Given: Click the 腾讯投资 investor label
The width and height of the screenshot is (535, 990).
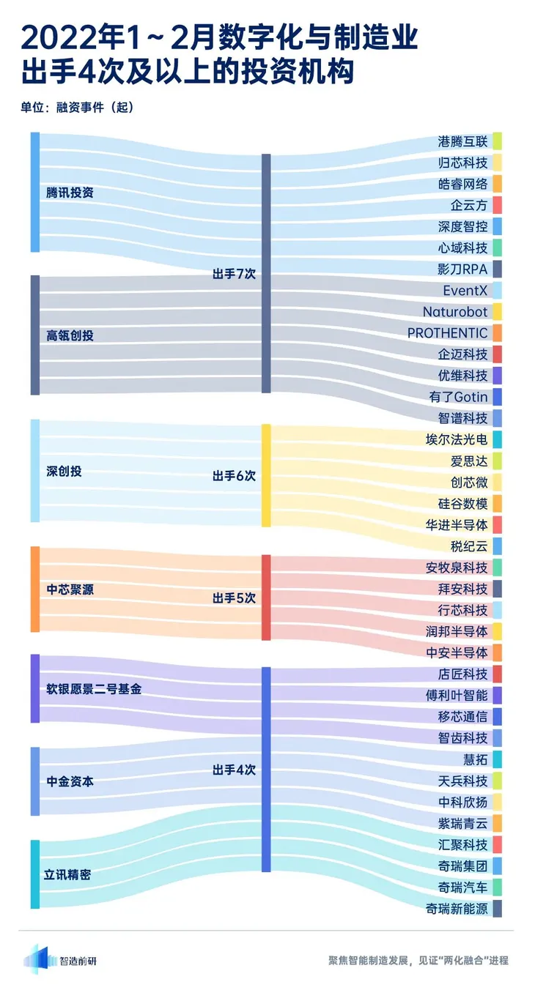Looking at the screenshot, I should [x=70, y=193].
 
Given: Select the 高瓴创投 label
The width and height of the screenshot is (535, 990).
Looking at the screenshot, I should [x=70, y=335].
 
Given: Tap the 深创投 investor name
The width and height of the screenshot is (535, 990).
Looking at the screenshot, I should [x=64, y=471].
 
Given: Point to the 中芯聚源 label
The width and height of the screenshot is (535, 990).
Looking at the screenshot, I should [x=70, y=589].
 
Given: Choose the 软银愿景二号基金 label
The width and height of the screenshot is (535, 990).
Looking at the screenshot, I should [x=94, y=689].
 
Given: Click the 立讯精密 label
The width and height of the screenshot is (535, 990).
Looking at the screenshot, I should [x=69, y=874].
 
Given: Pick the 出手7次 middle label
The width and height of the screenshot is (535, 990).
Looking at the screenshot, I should [x=234, y=274].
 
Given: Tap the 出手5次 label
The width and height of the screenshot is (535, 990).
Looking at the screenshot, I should [x=234, y=598].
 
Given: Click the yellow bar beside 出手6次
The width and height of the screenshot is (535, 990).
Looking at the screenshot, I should [x=266, y=475].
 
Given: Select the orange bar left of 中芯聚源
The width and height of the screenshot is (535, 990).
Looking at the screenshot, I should [x=34, y=589].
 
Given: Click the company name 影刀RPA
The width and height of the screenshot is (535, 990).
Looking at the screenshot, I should [x=462, y=269].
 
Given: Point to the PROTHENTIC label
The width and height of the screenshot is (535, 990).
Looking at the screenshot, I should [x=447, y=333].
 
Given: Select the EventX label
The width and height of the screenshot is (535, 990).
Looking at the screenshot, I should [x=465, y=291].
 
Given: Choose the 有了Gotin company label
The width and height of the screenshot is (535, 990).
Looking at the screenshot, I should [x=458, y=397].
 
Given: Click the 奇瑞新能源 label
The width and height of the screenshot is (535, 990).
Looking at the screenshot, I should [x=456, y=909].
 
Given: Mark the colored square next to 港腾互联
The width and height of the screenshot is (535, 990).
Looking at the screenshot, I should [x=497, y=141].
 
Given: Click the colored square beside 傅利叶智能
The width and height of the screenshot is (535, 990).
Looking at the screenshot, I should [x=497, y=695].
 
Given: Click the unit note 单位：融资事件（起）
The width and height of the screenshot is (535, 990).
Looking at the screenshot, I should [x=77, y=107].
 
